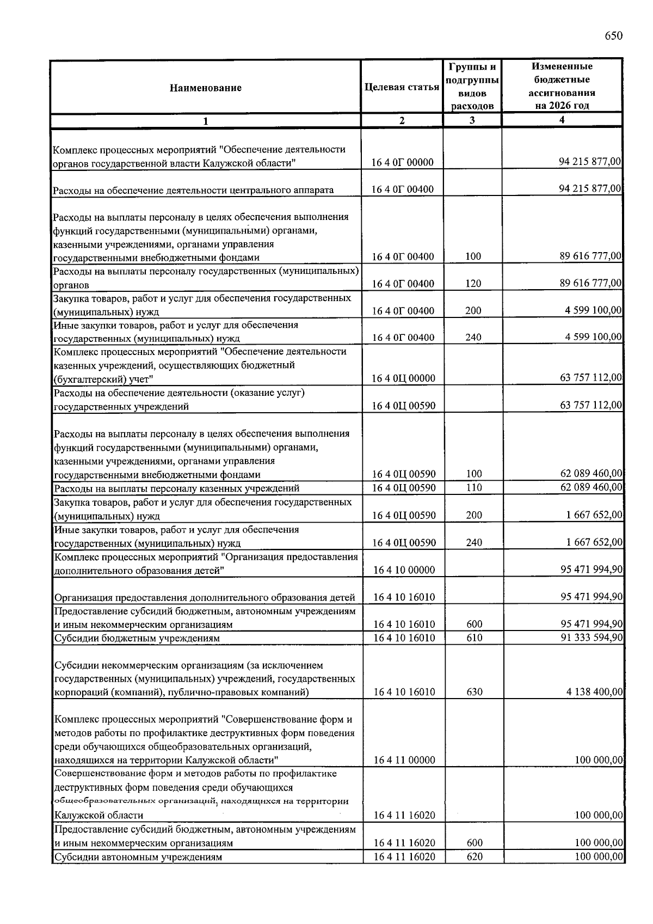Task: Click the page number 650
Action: [x=613, y=36]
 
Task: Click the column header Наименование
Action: [x=205, y=88]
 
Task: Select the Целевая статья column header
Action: [x=402, y=87]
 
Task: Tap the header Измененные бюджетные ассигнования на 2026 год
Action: [x=562, y=86]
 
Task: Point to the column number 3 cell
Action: [x=472, y=120]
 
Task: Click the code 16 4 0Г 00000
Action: [x=403, y=162]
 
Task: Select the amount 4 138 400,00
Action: [x=594, y=692]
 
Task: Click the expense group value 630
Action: [x=474, y=692]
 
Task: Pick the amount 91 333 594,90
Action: [x=592, y=637]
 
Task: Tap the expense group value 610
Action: [x=474, y=638]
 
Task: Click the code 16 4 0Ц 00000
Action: [x=403, y=378]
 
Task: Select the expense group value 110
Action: [x=474, y=488]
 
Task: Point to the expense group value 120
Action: [x=473, y=284]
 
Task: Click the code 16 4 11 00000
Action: [x=404, y=760]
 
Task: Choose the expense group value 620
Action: [x=474, y=856]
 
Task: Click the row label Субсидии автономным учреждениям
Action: [x=138, y=857]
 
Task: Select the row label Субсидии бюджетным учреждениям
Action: [x=137, y=638]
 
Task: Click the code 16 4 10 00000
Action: [x=404, y=570]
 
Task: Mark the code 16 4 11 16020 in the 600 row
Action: [x=404, y=843]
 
